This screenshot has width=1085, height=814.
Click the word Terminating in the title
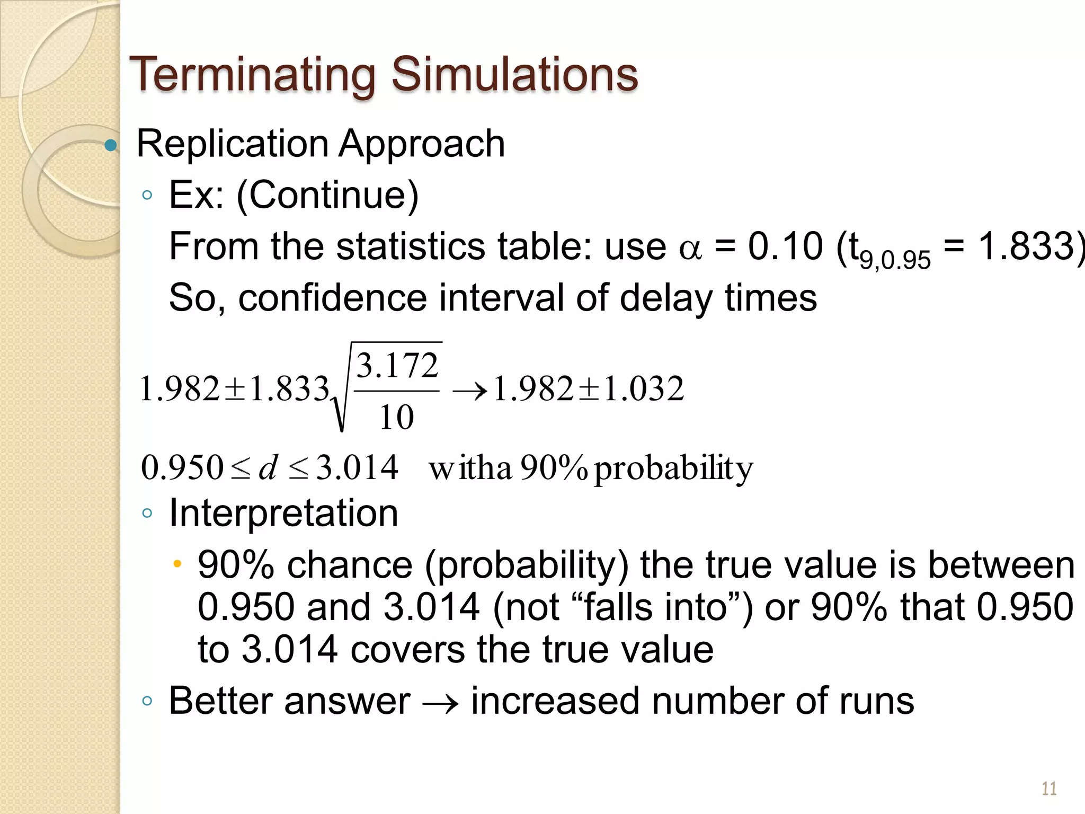coord(253,74)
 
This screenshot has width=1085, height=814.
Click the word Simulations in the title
coord(514,74)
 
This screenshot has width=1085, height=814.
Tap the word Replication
coord(233,144)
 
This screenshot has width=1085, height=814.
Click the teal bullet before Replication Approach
coord(110,145)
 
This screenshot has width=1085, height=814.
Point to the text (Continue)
coord(327,195)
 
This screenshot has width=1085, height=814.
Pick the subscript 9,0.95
coord(895,260)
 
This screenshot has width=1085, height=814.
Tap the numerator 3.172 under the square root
coord(397,366)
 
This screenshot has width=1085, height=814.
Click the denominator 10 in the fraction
coord(396,417)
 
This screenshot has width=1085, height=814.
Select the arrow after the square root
coord(469,392)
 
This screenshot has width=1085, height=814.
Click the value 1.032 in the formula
coord(644,388)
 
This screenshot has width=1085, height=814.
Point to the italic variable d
coord(268,467)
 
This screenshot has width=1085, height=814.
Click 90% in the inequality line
coord(554,467)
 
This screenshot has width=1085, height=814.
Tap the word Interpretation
coord(283,513)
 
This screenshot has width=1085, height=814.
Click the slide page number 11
coord(1049,789)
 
